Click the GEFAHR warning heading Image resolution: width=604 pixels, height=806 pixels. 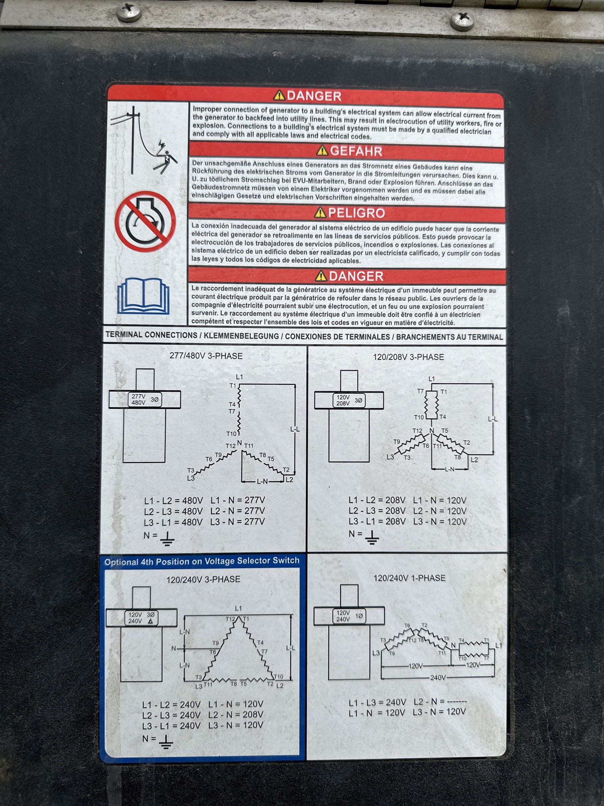tap(356, 151)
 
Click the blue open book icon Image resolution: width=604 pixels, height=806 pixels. tap(143, 296)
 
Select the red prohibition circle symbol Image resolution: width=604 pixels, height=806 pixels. tap(145, 221)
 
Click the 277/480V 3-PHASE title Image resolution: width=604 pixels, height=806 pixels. tap(206, 356)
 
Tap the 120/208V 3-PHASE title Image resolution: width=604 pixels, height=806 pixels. tap(408, 357)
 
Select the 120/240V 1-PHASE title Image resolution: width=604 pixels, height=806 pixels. tap(410, 578)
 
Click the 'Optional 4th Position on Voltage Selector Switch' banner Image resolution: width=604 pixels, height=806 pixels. tap(202, 561)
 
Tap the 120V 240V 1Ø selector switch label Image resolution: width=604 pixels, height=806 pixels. tap(349, 616)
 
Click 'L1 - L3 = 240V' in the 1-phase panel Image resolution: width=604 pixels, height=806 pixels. tap(377, 702)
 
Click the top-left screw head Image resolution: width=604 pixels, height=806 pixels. tap(129, 11)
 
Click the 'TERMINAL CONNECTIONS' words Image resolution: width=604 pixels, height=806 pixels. tap(151, 334)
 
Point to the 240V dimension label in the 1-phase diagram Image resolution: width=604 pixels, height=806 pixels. tap(438, 677)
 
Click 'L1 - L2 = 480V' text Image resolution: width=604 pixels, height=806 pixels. tap(174, 501)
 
